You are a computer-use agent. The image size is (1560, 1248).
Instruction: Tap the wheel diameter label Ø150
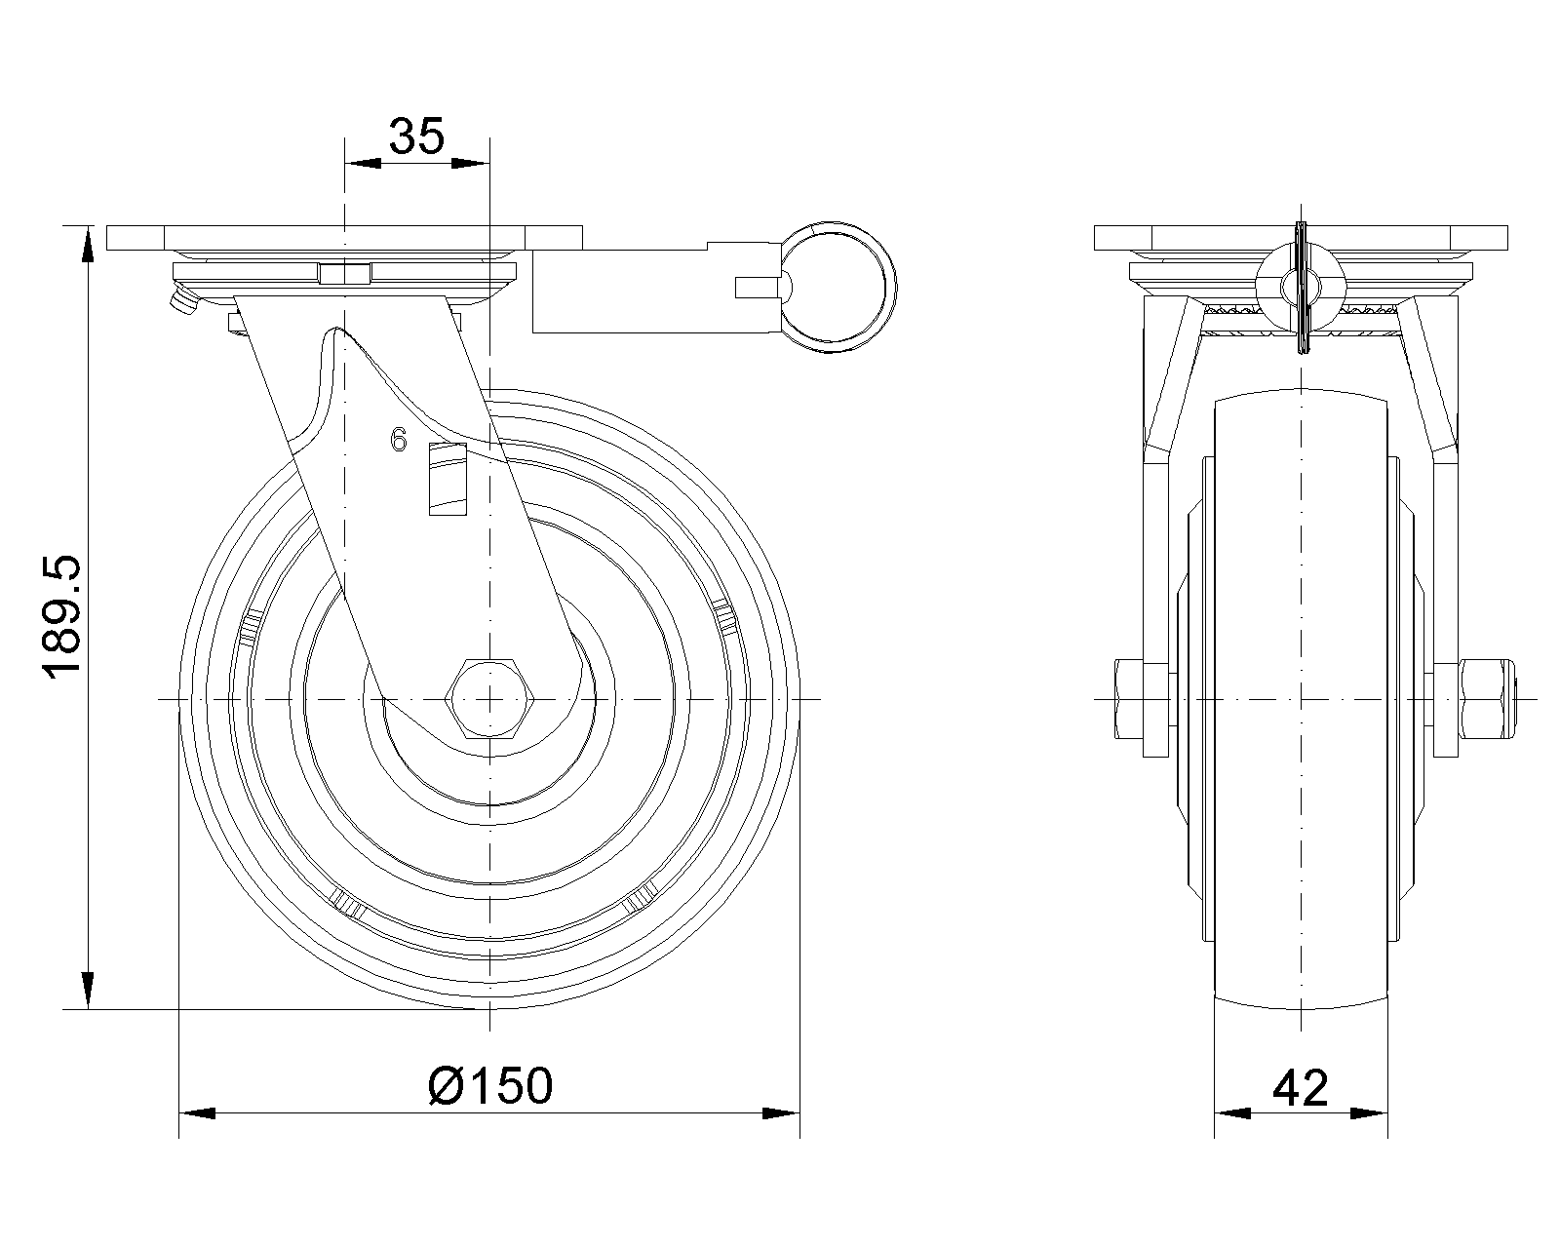490,1085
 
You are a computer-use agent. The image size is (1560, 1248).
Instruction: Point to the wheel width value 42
1301,1088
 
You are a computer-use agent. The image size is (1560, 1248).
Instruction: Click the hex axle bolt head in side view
490,699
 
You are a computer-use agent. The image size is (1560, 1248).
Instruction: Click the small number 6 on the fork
399,440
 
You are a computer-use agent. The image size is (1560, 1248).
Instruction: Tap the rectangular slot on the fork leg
448,480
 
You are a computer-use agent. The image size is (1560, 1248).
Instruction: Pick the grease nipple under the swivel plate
182,302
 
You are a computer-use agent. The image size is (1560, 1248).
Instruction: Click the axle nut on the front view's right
1486,699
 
